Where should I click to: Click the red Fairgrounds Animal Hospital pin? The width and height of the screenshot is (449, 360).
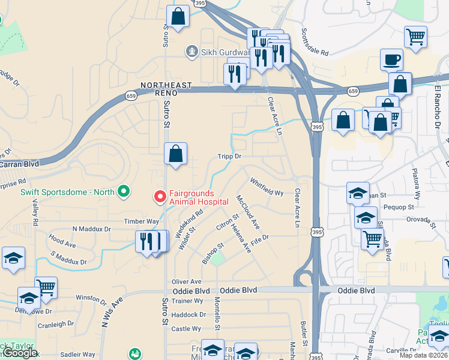click(160, 196)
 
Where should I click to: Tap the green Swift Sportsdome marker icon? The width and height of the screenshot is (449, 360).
click(124, 192)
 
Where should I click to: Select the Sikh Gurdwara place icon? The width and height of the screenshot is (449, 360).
click(192, 51)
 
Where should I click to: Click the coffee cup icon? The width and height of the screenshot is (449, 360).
click(391, 59)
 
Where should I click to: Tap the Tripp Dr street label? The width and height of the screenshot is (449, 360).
click(229, 156)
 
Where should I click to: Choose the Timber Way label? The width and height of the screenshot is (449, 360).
click(142, 221)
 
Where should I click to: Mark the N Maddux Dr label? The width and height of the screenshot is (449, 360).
click(92, 229)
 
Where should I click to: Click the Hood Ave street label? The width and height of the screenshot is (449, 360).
click(62, 242)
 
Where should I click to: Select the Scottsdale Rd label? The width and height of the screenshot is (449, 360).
click(315, 42)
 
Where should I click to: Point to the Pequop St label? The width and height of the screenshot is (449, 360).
click(399, 206)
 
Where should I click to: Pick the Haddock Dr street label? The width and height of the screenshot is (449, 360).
click(188, 315)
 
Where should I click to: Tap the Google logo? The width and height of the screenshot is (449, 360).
click(20, 352)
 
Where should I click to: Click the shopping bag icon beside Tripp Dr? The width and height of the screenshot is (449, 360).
click(176, 154)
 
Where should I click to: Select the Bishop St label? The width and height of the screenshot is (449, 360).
click(212, 253)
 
